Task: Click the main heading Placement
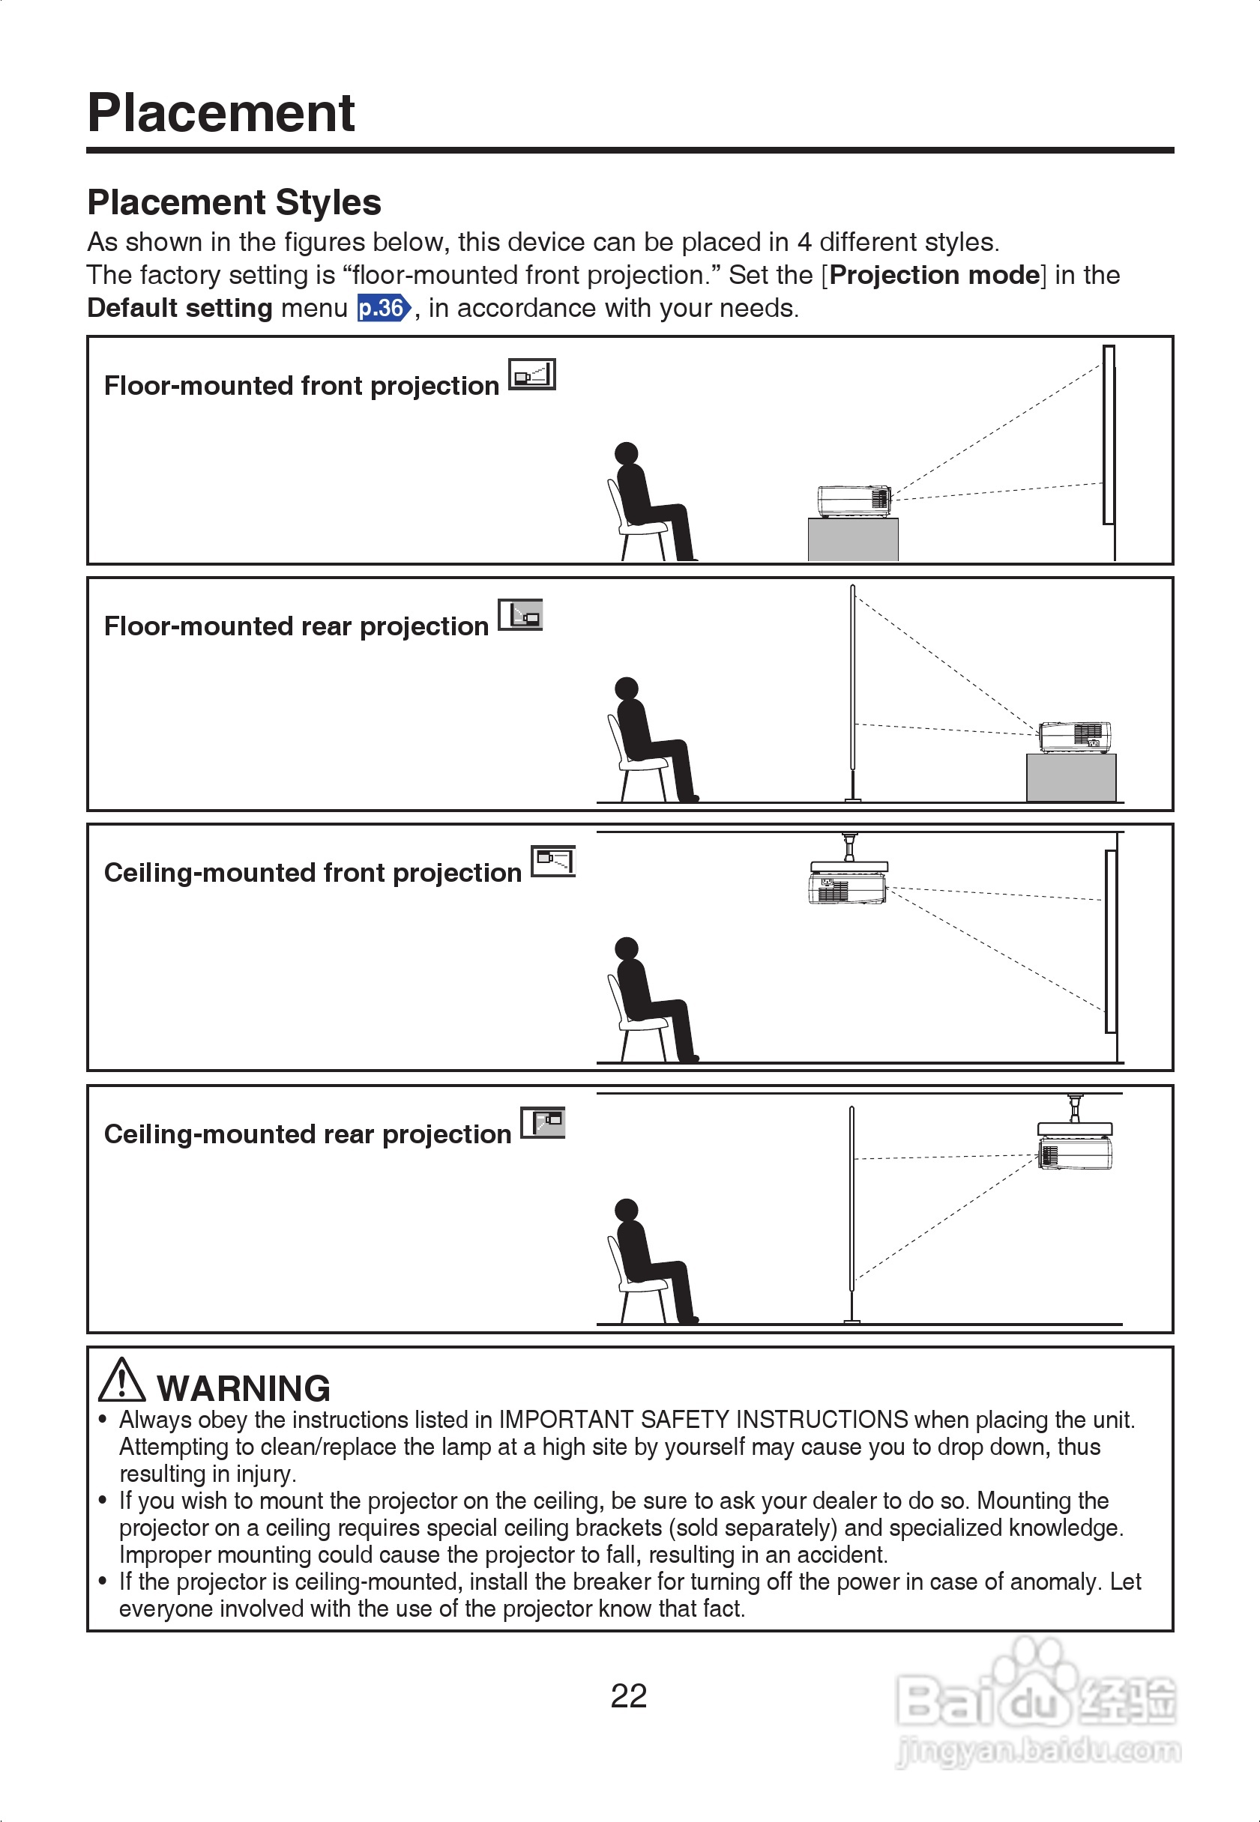[x=221, y=113]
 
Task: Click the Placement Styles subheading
[x=234, y=203]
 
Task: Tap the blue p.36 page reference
[x=383, y=308]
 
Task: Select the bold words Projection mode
[x=935, y=275]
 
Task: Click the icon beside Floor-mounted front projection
[x=532, y=374]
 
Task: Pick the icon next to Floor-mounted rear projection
[x=520, y=614]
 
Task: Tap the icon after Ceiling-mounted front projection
[x=553, y=861]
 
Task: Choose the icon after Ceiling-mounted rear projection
[x=543, y=1122]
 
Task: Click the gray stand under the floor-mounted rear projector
[x=1071, y=778]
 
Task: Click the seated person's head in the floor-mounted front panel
[x=626, y=454]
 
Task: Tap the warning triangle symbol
[x=121, y=1380]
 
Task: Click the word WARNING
[x=243, y=1388]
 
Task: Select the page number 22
[x=628, y=1695]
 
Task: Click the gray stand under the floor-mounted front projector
[x=853, y=539]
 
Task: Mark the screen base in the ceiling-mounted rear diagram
[x=851, y=1320]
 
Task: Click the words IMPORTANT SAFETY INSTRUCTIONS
[x=703, y=1420]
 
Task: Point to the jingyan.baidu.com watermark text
[x=1039, y=1751]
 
